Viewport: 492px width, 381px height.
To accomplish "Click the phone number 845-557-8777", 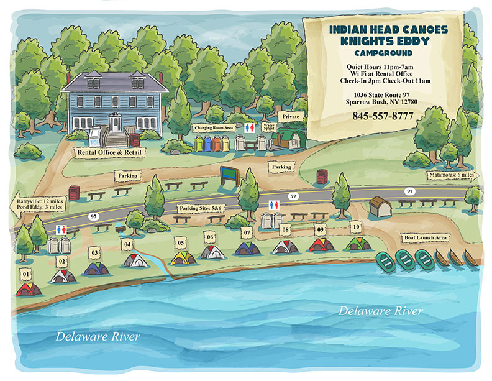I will coord(383,116).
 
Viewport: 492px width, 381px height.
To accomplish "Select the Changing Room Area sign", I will coord(213,127).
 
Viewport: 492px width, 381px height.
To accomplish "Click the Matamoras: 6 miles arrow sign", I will coord(451,175).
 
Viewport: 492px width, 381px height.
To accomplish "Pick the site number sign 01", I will coord(25,273).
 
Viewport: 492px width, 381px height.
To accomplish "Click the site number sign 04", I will coord(127,244).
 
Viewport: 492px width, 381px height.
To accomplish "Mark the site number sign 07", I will coord(247,233).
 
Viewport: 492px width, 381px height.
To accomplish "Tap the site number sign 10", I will coord(355,227).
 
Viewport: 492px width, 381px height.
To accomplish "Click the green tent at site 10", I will coord(358,244).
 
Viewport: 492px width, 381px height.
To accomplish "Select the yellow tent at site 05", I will coord(181,257).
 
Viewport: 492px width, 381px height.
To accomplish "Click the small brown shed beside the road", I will coord(380,206).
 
